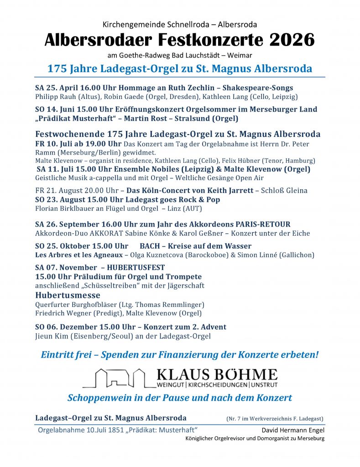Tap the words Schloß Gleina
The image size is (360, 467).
[x=284, y=191]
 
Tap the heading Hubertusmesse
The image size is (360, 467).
[x=63, y=295]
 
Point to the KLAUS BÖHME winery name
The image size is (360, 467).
[x=217, y=375]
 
